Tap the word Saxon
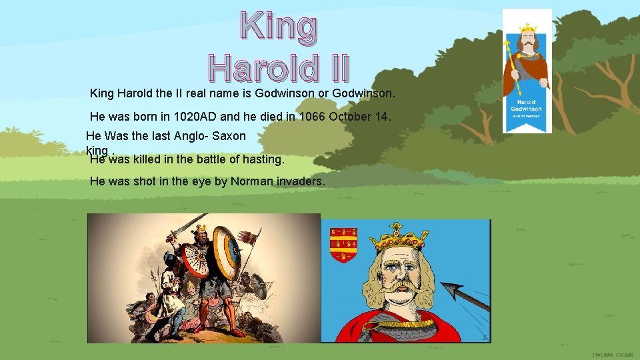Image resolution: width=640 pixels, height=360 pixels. (228, 136)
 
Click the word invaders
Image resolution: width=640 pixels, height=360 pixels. (300, 181)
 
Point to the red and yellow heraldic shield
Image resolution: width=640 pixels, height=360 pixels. (344, 245)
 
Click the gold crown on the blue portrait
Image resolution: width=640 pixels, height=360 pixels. (401, 237)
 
